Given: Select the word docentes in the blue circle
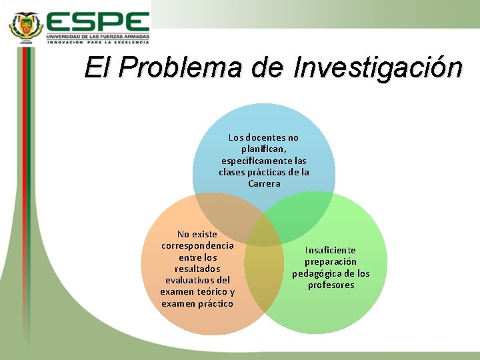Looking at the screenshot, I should tap(266, 137).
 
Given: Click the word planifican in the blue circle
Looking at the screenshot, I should tap(263, 149).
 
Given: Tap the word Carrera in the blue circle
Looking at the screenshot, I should tap(264, 183).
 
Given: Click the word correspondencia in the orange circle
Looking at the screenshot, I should tap(197, 245).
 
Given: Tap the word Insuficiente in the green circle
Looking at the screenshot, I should tap(331, 250).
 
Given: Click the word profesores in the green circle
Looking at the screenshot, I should tap(331, 285).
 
